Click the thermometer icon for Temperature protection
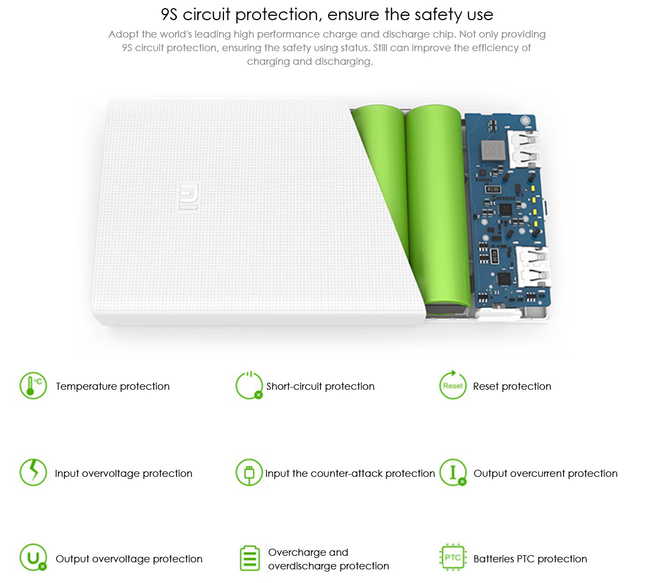[x=33, y=386]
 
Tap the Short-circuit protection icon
[x=249, y=385]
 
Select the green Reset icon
[x=453, y=385]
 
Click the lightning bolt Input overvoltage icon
[x=33, y=472]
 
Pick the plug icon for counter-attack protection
[x=249, y=472]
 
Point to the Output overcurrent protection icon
[x=453, y=472]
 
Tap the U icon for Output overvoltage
[x=33, y=557]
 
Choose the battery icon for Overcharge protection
[x=250, y=559]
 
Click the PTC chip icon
[x=453, y=557]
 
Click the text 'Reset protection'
[x=512, y=386]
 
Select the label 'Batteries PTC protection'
[x=530, y=559]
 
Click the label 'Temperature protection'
[x=113, y=386]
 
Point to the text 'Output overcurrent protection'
[x=546, y=474]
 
